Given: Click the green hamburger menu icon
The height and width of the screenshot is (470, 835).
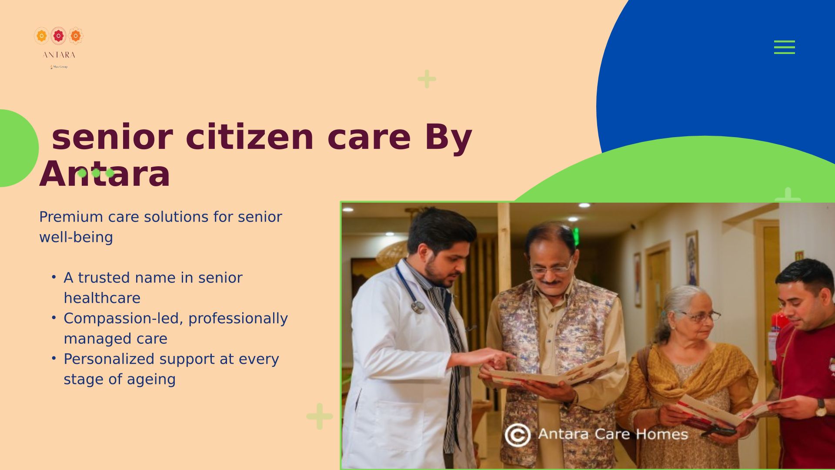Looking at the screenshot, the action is click(x=784, y=47).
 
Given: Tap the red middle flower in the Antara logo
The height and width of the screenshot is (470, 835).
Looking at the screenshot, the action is click(x=58, y=36).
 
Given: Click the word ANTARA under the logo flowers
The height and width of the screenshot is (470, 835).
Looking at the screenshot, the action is click(x=59, y=55).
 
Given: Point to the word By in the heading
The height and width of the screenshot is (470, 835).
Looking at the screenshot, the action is click(x=448, y=138).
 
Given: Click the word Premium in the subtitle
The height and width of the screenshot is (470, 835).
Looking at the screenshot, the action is click(x=71, y=217).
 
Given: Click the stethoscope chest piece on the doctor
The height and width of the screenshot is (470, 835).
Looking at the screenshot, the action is click(x=417, y=307).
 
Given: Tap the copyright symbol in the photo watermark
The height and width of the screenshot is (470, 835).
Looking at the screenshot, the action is click(x=518, y=435).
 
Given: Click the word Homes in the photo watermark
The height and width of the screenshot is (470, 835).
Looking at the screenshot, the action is click(x=661, y=434).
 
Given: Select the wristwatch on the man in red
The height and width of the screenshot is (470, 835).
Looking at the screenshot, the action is click(x=821, y=408).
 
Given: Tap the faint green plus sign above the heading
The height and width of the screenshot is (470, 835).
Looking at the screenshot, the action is click(x=427, y=79).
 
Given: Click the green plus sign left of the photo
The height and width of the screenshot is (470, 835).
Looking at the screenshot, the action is click(x=320, y=416).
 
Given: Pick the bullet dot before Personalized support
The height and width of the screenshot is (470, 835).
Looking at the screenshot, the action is click(x=53, y=358).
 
